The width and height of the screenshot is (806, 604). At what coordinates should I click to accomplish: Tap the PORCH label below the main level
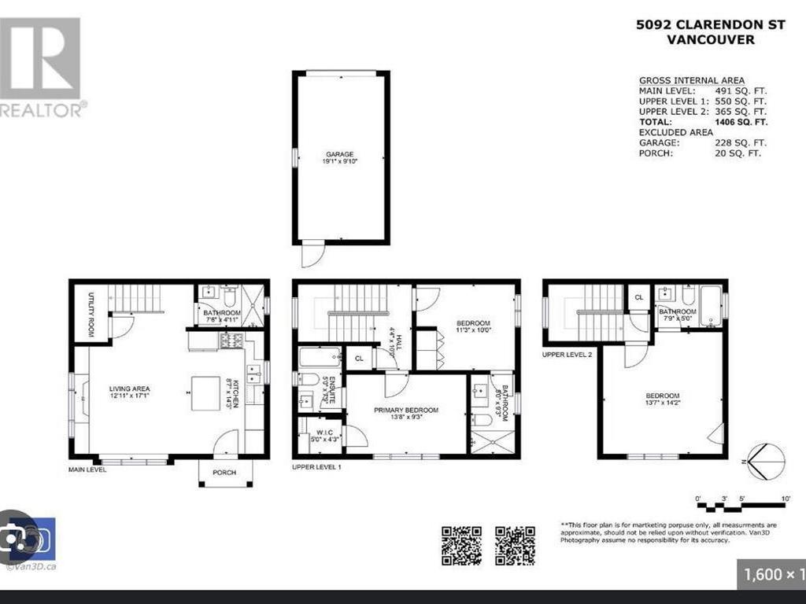pyautogui.click(x=225, y=473)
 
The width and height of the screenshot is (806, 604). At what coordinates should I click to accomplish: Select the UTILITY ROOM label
pyautogui.click(x=92, y=314)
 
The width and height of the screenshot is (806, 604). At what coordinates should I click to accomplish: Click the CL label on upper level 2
pyautogui.click(x=639, y=297)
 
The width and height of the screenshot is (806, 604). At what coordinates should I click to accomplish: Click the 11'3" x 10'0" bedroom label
pyautogui.click(x=473, y=327)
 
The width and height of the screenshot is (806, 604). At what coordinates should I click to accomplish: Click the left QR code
pyautogui.click(x=461, y=545)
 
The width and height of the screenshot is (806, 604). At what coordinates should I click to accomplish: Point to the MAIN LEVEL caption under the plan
pyautogui.click(x=87, y=470)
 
